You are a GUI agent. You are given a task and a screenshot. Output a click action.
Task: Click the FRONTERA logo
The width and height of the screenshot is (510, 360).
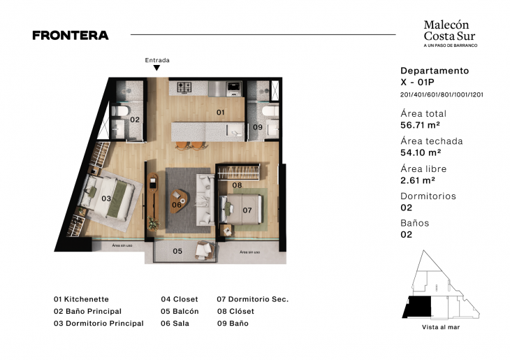(70, 35)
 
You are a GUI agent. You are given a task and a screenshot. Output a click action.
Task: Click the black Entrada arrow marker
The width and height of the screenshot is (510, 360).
(157, 69)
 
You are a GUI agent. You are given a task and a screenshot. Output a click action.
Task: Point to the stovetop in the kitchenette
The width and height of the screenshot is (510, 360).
(184, 87)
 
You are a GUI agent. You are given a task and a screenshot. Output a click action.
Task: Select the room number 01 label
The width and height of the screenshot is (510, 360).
(219, 112)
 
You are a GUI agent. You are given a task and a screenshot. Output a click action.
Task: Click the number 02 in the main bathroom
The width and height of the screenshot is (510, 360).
(135, 120)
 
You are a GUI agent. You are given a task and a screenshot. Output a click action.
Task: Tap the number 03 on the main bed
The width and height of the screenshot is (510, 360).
(106, 199)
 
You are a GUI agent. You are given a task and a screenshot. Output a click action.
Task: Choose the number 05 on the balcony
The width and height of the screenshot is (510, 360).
(177, 251)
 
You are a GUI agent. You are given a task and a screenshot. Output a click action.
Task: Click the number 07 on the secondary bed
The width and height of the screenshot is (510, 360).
(247, 210)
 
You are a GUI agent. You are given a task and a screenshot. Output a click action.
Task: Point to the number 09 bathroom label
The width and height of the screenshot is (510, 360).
(257, 127)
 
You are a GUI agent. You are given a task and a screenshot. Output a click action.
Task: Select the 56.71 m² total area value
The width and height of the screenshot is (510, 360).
(420, 125)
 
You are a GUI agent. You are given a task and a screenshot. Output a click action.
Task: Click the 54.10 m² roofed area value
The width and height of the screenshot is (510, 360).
(420, 152)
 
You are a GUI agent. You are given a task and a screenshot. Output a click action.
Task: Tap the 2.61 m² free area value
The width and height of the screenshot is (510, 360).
(417, 180)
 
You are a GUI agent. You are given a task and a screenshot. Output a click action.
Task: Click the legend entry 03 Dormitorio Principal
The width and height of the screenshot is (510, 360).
(99, 324)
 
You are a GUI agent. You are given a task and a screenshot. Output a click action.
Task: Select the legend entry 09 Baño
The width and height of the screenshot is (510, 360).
(233, 324)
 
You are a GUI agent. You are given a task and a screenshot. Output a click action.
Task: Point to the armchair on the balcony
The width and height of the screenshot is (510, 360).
(205, 250)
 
